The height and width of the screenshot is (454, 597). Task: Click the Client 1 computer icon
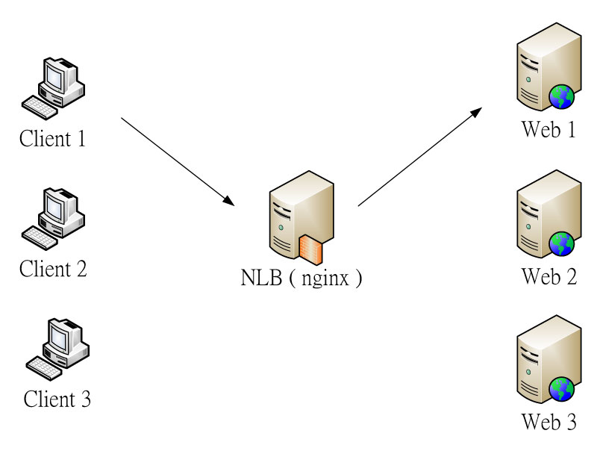coord(52,86)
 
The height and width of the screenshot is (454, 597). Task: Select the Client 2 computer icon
coord(53,217)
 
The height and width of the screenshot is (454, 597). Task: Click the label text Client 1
coord(52,138)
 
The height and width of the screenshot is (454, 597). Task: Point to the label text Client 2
coord(53,268)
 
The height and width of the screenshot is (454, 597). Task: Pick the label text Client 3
coord(57,399)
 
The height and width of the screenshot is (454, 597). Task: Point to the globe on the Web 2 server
coord(562,243)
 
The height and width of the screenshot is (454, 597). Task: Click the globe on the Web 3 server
coord(562,388)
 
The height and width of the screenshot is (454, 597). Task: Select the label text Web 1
coord(548,129)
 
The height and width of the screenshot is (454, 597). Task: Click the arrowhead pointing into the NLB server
coord(229,200)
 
